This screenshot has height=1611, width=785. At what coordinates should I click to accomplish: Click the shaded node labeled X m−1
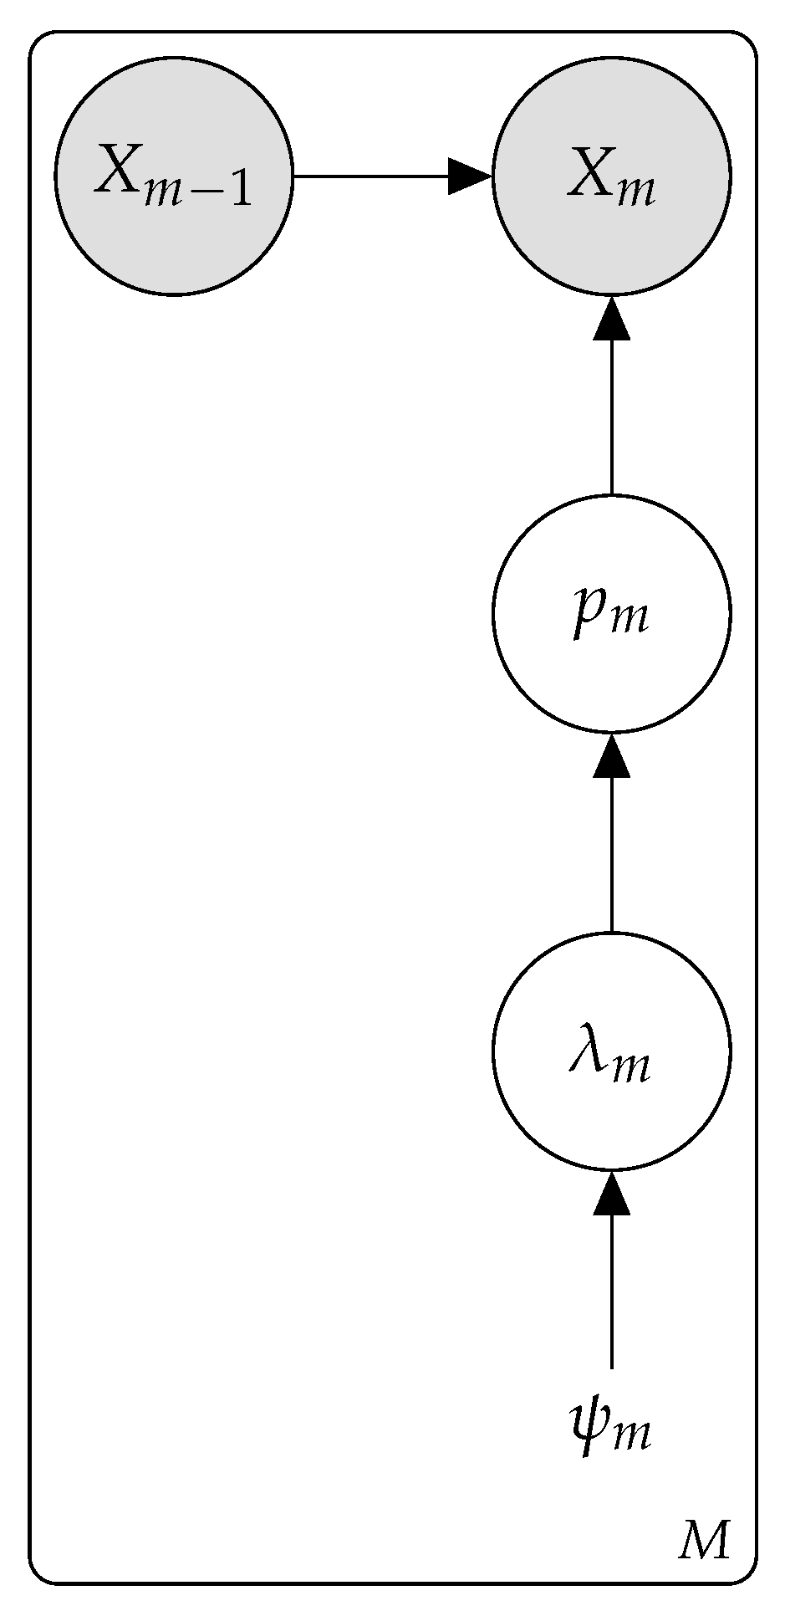174,176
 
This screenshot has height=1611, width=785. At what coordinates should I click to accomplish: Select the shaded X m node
611,176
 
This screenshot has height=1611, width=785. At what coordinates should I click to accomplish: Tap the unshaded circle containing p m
611,613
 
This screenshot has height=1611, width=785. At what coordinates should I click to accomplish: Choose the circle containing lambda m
611,1051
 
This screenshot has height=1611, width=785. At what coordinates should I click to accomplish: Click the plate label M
704,1541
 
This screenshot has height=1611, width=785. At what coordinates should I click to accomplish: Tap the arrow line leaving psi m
611,1288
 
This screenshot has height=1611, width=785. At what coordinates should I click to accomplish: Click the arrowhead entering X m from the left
469,176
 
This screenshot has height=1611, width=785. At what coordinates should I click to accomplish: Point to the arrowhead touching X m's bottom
611,319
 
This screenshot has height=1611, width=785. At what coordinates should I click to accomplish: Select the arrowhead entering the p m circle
611,756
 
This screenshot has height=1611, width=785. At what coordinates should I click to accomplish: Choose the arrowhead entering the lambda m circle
611,1194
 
